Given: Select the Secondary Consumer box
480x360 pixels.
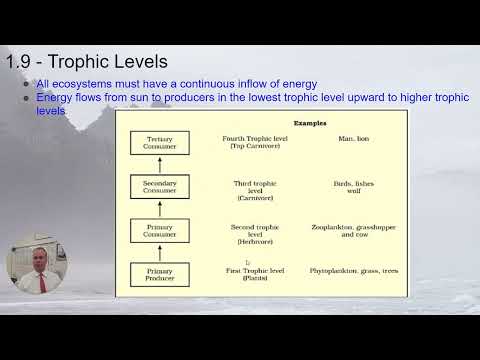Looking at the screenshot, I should pos(160,186).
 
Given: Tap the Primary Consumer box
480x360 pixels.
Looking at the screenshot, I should pos(160,230).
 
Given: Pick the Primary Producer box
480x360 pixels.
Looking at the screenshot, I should pos(160,274).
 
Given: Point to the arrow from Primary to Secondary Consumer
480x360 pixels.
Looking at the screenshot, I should pos(160,209).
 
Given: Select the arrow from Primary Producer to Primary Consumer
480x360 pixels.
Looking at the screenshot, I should pos(160,253).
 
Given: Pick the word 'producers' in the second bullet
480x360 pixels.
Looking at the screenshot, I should pos(180,99).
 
